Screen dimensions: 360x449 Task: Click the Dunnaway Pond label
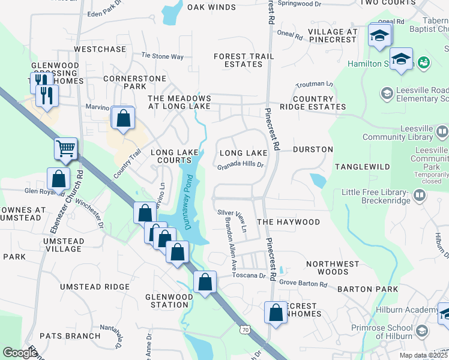pyautogui.click(x=187, y=202)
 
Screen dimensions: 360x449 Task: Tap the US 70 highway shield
pyautogui.click(x=245, y=330)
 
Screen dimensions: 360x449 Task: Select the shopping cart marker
pyautogui.click(x=65, y=148)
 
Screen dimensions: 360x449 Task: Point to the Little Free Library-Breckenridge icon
pyautogui.click(x=419, y=195)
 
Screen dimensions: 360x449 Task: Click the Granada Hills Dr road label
pyautogui.click(x=241, y=166)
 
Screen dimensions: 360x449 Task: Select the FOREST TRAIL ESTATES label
pyautogui.click(x=244, y=60)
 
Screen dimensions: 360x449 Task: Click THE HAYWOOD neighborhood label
pyautogui.click(x=289, y=222)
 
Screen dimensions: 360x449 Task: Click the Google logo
pyautogui.click(x=20, y=353)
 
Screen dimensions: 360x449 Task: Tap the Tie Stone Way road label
pyautogui.click(x=162, y=56)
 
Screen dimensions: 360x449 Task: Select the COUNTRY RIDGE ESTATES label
pyautogui.click(x=319, y=103)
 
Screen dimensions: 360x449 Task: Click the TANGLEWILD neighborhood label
pyautogui.click(x=363, y=166)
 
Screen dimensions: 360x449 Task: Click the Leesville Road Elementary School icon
pyautogui.click(x=387, y=93)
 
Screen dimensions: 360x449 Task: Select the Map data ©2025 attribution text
pyautogui.click(x=424, y=355)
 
